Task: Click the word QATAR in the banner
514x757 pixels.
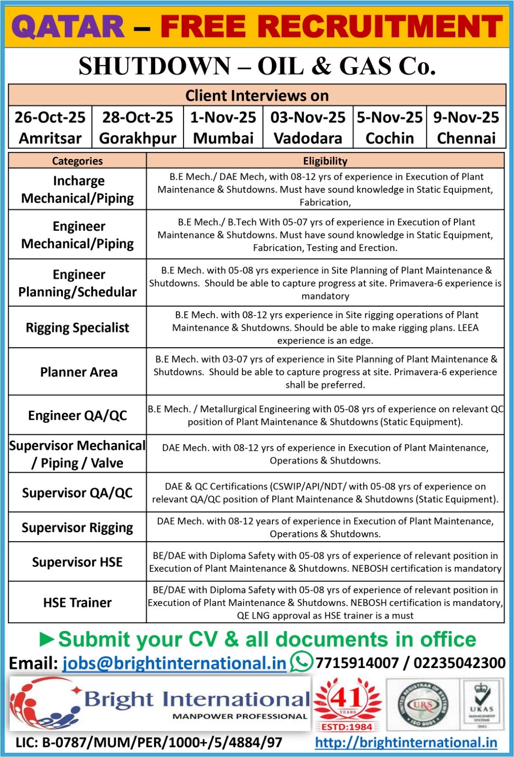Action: coord(68,26)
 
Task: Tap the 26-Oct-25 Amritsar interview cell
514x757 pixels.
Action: coord(50,128)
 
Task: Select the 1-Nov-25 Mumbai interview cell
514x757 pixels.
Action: coord(223,128)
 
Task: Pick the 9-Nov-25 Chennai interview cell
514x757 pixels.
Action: coord(466,128)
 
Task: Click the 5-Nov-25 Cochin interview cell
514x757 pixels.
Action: coord(390,128)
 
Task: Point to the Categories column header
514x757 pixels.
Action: coord(77,161)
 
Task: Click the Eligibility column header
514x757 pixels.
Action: coord(325,161)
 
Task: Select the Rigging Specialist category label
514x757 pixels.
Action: coord(77,327)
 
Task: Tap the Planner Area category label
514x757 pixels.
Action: coord(78,372)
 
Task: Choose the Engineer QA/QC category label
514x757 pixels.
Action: coord(78,415)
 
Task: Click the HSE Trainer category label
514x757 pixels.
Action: coord(78,602)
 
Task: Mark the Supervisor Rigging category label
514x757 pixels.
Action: coord(77,528)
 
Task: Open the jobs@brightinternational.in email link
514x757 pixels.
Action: coord(174,663)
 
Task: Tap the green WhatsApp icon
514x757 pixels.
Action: coord(301,661)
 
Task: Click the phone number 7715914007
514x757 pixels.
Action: coord(357,663)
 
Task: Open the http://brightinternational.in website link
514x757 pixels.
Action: coord(406,742)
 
